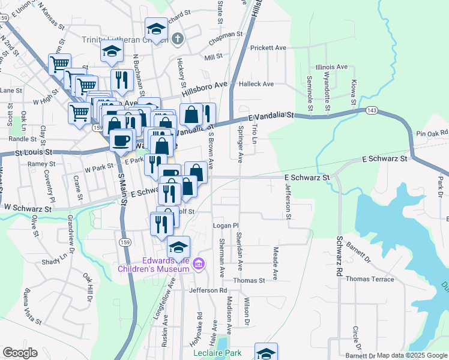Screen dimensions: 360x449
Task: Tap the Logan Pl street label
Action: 226,225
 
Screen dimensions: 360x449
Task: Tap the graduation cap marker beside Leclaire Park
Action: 266,352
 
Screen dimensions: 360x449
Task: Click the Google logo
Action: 20,353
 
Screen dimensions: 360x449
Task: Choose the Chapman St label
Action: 225,34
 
